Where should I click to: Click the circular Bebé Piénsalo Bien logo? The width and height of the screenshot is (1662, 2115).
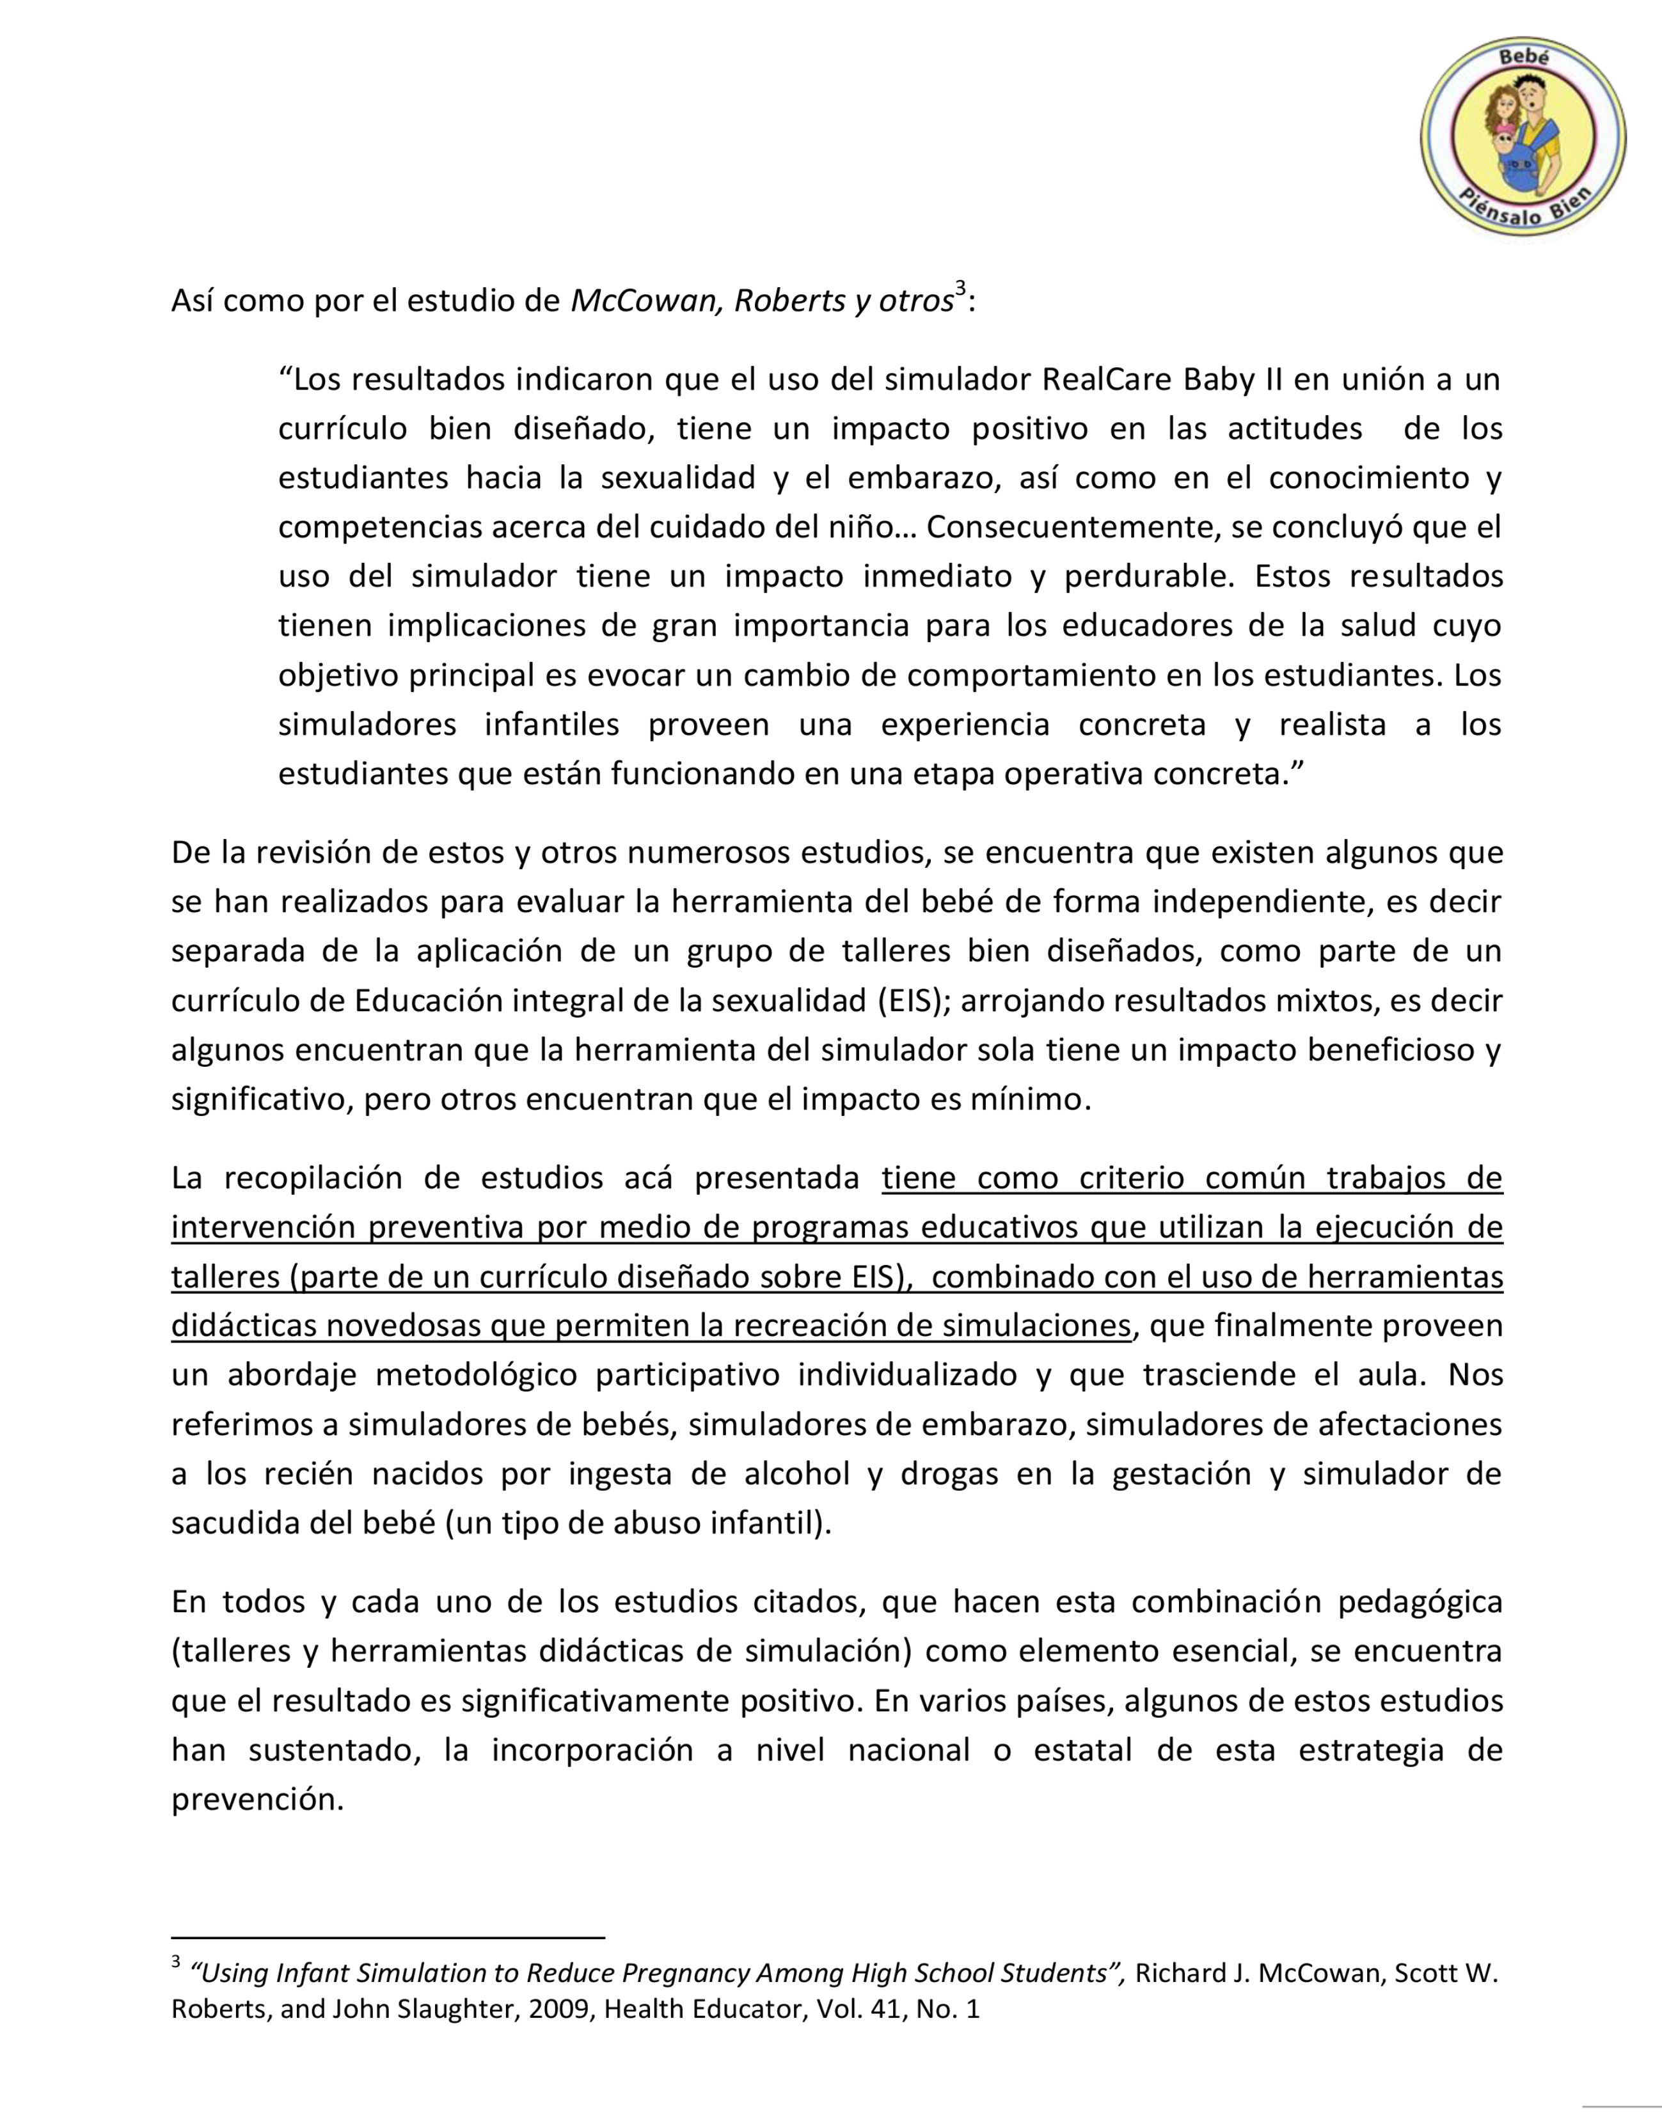[1522, 136]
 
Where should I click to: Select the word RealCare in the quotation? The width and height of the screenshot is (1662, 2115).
[1106, 379]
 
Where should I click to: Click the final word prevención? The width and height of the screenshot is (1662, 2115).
[258, 1800]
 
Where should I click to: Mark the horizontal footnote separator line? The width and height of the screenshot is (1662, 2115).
[387, 1939]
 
